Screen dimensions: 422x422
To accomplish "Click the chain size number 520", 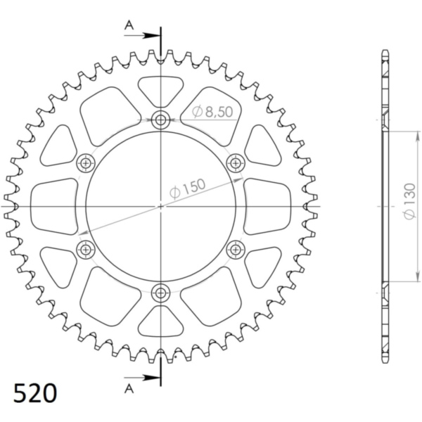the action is (x=35, y=393).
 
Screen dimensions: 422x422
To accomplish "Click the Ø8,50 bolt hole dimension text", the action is (x=212, y=112).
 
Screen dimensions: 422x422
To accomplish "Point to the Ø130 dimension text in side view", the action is (x=409, y=201).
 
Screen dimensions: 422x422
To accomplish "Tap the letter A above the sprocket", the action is (x=129, y=25).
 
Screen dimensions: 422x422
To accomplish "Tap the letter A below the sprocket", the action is (x=129, y=388).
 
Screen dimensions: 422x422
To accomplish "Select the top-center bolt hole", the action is (x=160, y=120).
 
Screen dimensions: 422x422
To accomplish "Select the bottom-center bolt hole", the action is (x=160, y=293).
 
